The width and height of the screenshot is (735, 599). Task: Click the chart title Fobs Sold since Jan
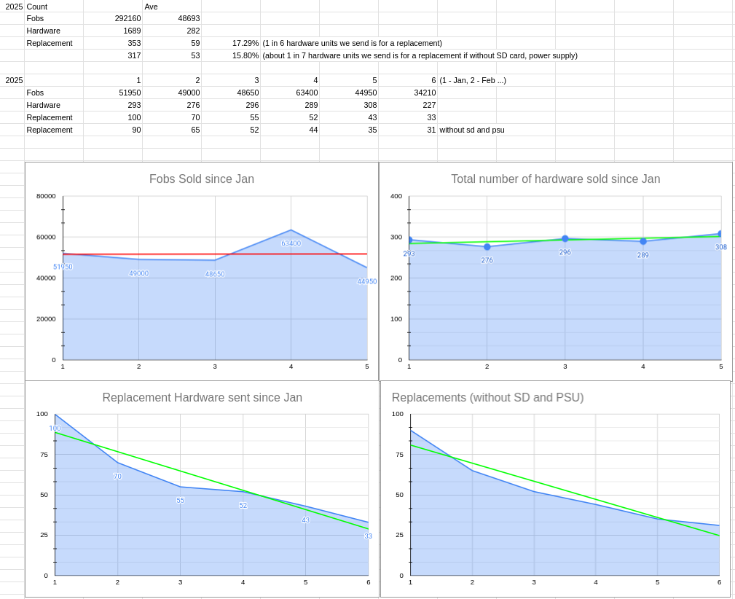(201, 179)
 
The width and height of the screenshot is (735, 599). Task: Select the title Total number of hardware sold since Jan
(555, 179)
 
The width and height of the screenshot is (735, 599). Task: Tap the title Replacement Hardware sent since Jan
(202, 398)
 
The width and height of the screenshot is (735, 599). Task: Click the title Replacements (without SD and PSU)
(487, 398)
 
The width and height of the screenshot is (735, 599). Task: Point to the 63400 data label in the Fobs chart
(291, 243)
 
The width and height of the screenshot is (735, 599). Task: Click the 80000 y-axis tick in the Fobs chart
(46, 196)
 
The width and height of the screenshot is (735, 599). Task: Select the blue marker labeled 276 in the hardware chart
(487, 247)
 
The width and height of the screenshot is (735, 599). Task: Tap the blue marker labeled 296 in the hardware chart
(565, 238)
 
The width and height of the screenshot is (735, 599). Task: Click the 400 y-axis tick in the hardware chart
(396, 196)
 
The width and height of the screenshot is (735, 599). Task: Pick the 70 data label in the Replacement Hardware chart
(117, 477)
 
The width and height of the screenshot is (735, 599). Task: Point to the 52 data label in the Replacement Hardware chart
(243, 506)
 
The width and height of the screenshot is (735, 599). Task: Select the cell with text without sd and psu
(471, 130)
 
